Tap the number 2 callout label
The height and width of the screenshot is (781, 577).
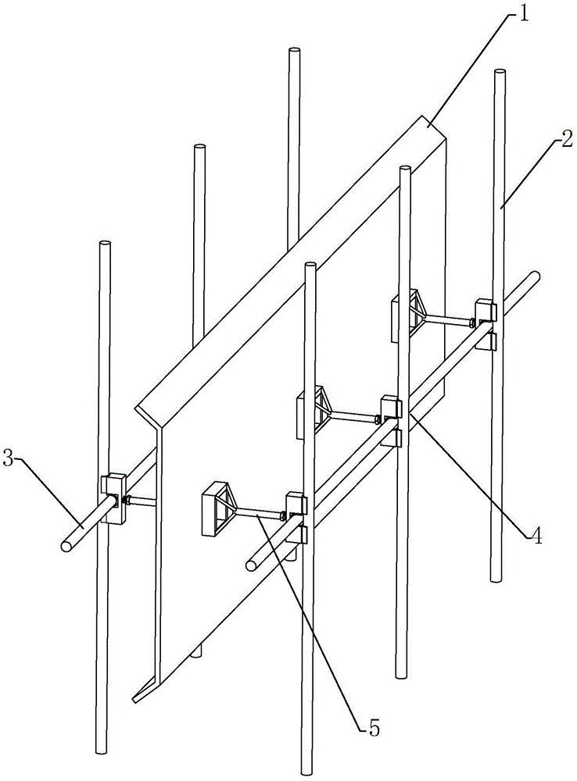562,142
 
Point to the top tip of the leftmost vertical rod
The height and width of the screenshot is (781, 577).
105,245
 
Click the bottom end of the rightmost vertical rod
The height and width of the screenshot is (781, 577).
495,579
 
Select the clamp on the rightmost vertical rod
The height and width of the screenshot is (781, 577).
486,312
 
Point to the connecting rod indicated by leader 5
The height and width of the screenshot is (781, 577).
259,513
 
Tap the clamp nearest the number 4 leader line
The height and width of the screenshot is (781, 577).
390,408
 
